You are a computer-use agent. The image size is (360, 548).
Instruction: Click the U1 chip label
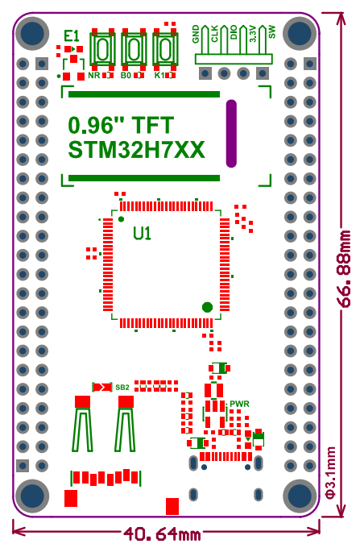[143, 234]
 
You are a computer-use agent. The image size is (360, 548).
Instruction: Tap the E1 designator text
[72, 35]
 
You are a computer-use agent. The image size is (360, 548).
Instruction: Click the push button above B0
[134, 48]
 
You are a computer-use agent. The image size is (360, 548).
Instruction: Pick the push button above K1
[164, 48]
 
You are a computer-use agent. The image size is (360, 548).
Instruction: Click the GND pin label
[196, 34]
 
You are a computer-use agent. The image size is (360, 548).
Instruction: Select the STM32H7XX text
[136, 151]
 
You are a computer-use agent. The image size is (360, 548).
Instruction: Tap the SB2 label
[122, 388]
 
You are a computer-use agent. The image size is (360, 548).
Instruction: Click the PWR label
[239, 404]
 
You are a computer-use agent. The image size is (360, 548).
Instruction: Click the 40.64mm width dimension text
[162, 534]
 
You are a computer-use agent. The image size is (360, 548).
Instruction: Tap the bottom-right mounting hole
[300, 496]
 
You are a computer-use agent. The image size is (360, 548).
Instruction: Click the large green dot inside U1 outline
[207, 307]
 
